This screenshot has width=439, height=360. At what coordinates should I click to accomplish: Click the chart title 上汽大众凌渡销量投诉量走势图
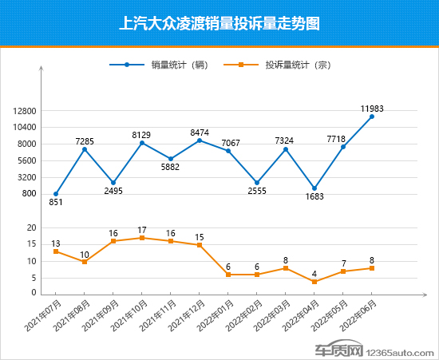pos(219,23)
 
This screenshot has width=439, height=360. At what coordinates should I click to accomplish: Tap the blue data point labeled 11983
pos(372,117)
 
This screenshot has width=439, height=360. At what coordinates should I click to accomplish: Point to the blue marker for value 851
pos(56,194)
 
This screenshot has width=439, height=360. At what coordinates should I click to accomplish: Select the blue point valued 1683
pos(314,188)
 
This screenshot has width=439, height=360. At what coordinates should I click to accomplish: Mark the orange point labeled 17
pos(142,238)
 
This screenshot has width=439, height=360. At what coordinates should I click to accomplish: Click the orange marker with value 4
pos(314,282)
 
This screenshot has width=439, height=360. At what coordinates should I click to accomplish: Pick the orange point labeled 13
pos(56,251)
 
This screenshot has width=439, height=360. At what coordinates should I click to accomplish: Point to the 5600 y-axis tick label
pos(27,160)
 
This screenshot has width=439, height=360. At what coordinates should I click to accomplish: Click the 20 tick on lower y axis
pos(31,228)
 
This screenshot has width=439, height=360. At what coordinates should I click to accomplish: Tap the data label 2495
pos(113,192)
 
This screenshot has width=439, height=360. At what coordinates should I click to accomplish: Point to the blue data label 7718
pos(336,139)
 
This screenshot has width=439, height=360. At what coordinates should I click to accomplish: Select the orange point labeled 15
pos(200,245)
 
